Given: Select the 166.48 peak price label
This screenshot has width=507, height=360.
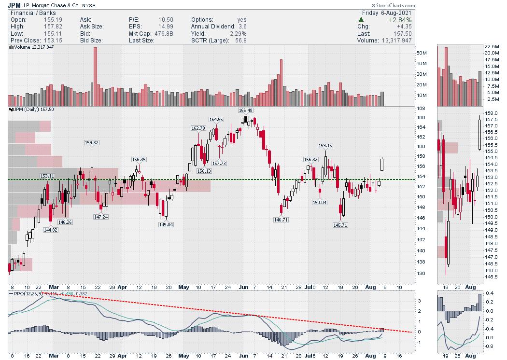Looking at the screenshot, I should (246, 111).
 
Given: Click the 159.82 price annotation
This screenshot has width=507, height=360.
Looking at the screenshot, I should (92, 142).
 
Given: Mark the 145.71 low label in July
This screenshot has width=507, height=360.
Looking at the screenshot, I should (340, 224).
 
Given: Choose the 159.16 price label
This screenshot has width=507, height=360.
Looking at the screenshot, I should (325, 145).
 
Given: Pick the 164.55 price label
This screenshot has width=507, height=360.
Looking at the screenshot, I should (216, 119).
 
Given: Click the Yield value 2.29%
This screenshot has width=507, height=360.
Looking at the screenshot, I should (238, 34).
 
